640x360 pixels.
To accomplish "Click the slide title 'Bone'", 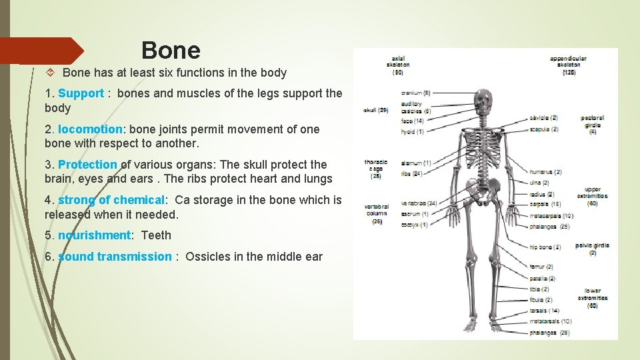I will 171,50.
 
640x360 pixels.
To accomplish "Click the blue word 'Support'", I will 81,94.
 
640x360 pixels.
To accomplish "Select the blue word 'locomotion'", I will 90,129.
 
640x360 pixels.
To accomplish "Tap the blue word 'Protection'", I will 87,165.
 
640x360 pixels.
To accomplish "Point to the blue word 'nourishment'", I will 94,235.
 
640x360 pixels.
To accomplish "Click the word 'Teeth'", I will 156,235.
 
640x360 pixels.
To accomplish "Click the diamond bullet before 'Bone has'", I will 53,73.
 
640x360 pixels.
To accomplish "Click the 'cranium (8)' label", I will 416,93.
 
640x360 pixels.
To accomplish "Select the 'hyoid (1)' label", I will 412,131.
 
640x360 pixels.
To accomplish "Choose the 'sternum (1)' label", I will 417,163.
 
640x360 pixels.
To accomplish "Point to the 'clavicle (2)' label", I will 543,118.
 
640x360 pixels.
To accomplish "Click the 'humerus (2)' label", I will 546,172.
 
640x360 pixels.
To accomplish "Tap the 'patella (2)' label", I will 542,279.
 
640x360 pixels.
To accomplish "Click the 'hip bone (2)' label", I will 545,247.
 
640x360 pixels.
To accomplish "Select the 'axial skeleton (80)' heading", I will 398,65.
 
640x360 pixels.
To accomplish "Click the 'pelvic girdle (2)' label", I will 593,249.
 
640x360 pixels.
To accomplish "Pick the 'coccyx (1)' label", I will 415,225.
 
